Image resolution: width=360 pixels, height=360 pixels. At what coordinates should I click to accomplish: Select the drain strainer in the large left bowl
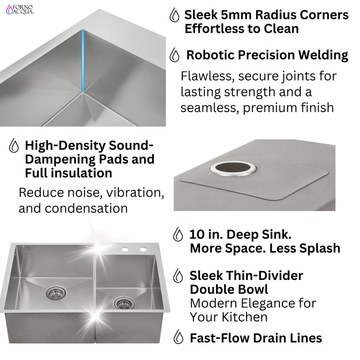pyautogui.click(x=56, y=293)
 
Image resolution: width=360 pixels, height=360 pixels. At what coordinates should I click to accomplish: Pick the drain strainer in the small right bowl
pyautogui.click(x=123, y=303)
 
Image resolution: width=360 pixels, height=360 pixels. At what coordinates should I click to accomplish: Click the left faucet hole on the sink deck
pyautogui.click(x=125, y=249)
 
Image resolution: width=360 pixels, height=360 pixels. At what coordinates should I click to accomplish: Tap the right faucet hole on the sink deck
pyautogui.click(x=143, y=249)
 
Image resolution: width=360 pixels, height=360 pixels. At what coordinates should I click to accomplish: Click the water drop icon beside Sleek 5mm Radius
pyautogui.click(x=173, y=15)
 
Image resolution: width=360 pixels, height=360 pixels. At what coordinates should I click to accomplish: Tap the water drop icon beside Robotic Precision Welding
pyautogui.click(x=174, y=56)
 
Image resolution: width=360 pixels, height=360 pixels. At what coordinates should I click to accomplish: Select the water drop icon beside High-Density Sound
pyautogui.click(x=14, y=146)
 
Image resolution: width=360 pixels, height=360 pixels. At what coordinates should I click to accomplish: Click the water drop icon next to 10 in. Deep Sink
pyautogui.click(x=178, y=234)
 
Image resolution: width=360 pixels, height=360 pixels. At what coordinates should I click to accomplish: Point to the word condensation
pyautogui.click(x=73, y=208)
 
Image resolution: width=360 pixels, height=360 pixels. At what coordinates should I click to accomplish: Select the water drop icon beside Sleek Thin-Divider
pyautogui.click(x=178, y=275)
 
